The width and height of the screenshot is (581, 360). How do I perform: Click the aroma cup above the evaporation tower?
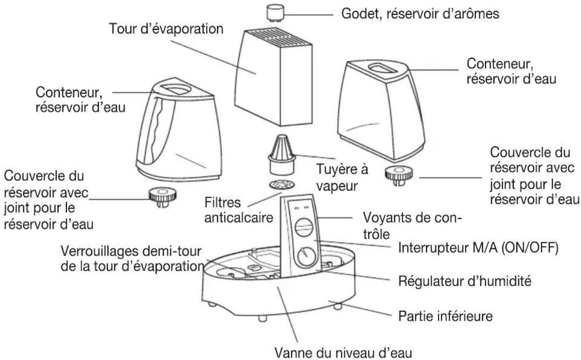click(x=275, y=13)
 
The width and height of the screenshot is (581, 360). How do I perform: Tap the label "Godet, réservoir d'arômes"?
click(x=420, y=14)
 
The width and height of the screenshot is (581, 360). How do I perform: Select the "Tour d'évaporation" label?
click(x=166, y=28)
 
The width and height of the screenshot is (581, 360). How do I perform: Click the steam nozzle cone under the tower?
click(x=282, y=155)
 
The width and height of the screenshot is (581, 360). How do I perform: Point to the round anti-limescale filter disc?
click(x=282, y=185)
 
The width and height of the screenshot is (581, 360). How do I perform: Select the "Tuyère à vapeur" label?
click(x=342, y=178)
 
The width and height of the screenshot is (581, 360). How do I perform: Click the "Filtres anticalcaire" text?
click(x=239, y=210)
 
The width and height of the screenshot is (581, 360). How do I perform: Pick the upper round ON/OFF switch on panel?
click(x=304, y=227)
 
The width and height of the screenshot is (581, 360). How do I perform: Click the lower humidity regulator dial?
click(x=307, y=257)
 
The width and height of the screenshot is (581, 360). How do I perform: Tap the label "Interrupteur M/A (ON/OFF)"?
click(x=478, y=248)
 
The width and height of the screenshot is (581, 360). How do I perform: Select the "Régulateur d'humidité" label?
click(x=465, y=281)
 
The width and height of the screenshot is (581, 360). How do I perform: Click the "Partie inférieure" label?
click(x=446, y=316)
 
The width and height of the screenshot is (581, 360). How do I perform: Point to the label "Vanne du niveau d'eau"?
click(x=343, y=353)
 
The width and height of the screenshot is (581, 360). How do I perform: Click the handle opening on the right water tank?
click(x=383, y=69)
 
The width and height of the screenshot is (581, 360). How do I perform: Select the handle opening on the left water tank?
click(x=177, y=89)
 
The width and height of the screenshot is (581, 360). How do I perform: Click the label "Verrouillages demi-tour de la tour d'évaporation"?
click(x=132, y=258)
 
